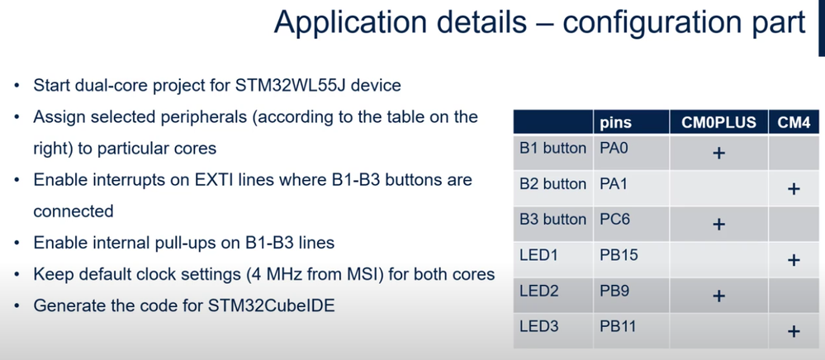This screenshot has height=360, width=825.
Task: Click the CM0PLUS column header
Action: (718, 123)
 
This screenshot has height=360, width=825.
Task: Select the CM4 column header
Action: (794, 123)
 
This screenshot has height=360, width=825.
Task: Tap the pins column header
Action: (615, 124)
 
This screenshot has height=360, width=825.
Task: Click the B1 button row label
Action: (552, 149)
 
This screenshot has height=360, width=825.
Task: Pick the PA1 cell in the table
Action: (614, 184)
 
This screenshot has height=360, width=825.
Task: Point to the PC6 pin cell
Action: (614, 220)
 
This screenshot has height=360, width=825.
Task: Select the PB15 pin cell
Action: (619, 255)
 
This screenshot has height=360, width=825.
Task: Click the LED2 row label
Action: (538, 291)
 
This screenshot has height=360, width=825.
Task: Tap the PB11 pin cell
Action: (618, 326)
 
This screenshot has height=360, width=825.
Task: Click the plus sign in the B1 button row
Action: (718, 153)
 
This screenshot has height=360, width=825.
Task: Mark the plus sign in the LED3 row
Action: (794, 331)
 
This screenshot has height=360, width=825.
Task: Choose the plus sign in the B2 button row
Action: (794, 189)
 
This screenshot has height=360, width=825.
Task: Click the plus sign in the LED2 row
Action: (718, 296)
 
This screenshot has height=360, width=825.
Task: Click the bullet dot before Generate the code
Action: (18, 306)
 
